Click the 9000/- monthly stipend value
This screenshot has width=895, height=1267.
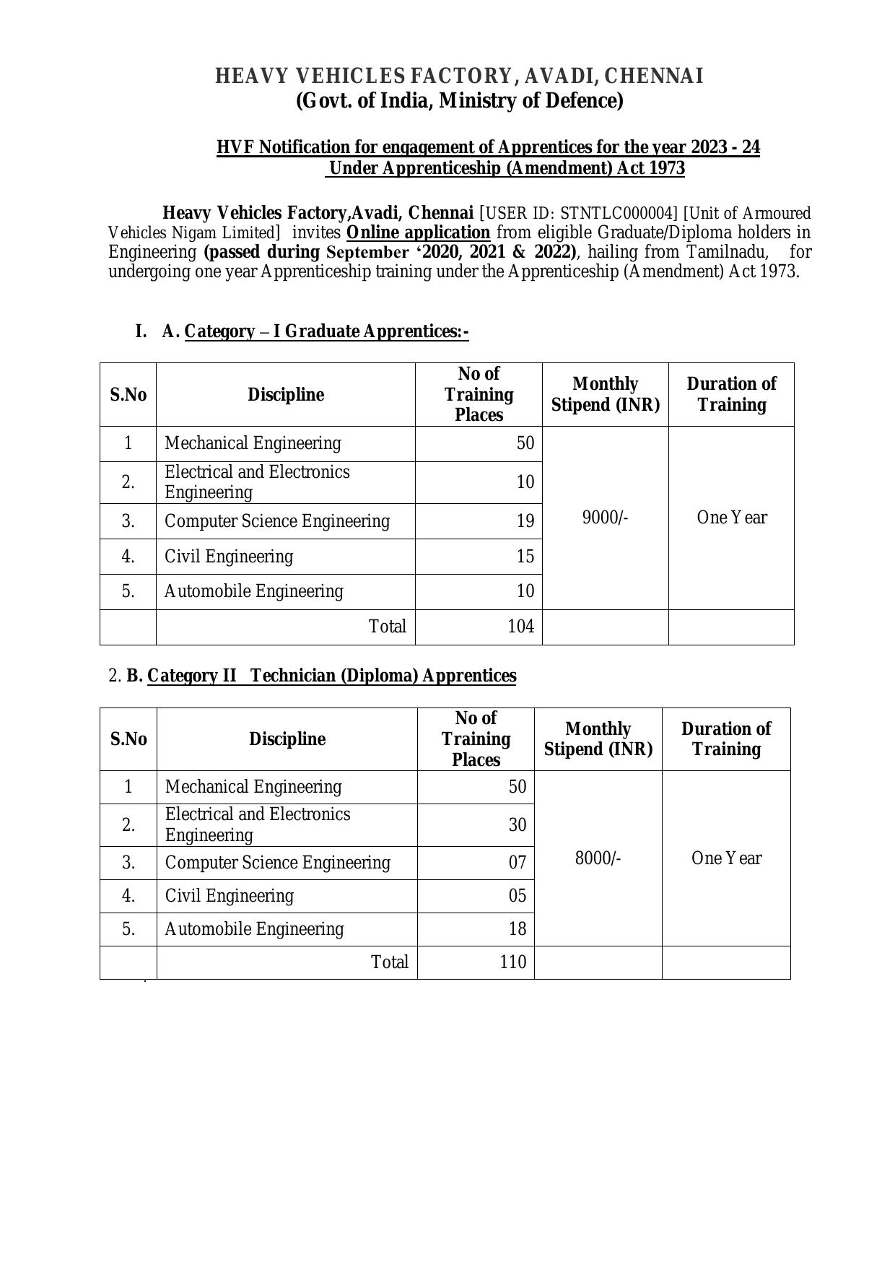tap(605, 518)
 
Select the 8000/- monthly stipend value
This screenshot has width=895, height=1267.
tap(598, 858)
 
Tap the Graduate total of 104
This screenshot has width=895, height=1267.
tap(520, 627)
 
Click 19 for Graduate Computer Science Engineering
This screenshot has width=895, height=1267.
tap(525, 521)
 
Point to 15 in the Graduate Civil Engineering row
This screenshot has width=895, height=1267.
tap(525, 557)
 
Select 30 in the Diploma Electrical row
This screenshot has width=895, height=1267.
tap(518, 825)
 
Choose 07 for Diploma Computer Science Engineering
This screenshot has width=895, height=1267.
tap(518, 863)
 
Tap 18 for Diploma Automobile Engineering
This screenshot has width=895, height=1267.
tap(518, 929)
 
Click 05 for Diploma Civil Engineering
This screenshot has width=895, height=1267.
tap(518, 896)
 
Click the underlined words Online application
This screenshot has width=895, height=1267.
tap(418, 232)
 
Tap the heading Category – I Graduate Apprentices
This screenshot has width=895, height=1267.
tap(326, 331)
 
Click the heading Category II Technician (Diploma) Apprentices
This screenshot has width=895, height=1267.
tap(331, 676)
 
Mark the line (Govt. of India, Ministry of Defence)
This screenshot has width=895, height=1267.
tap(460, 100)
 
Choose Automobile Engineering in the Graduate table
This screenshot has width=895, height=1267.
tap(254, 591)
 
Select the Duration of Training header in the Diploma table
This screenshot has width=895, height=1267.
tap(726, 739)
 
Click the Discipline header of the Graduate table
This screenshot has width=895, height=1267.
tap(286, 395)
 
